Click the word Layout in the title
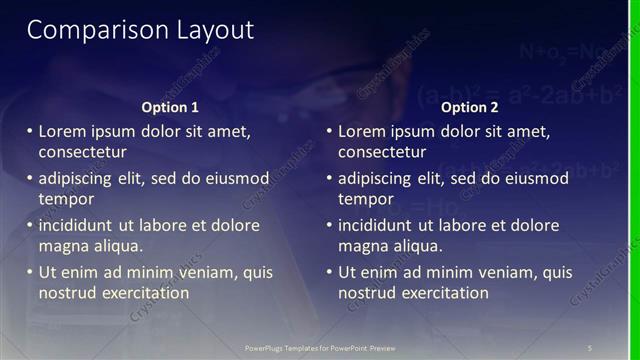pyautogui.click(x=211, y=30)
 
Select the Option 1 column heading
pyautogui.click(x=169, y=107)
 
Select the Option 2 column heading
pyautogui.click(x=469, y=107)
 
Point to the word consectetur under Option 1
pyautogui.click(x=82, y=152)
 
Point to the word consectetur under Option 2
pyautogui.click(x=382, y=152)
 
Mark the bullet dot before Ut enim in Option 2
pyautogui.click(x=329, y=272)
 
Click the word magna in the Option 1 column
pyautogui.click(x=63, y=246)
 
